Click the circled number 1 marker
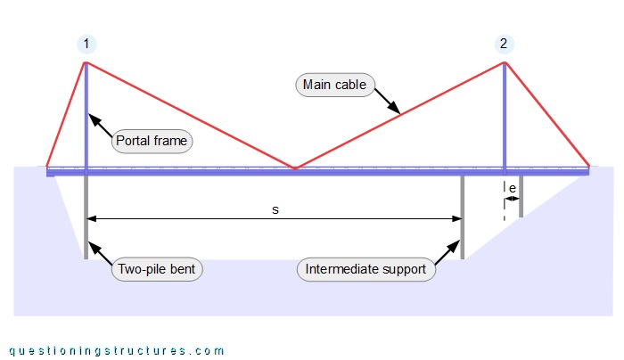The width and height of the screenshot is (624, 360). coord(86,44)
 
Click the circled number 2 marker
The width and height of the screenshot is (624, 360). coord(505,44)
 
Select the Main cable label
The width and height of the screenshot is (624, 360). coord(334,86)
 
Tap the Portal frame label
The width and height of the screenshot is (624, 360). coord(152,142)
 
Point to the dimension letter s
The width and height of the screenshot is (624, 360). coord(275,209)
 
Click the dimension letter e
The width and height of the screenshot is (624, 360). coord(513,188)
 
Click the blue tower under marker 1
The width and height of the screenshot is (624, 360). coord(86,116)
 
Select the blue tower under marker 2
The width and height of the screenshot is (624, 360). coord(505,116)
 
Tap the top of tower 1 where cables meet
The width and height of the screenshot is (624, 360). coord(86,61)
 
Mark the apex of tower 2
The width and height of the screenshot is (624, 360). coord(505,61)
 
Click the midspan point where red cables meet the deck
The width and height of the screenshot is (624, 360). coord(295,167)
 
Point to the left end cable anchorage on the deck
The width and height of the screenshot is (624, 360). coord(48,167)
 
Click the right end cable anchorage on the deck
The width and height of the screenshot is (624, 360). coord(587,167)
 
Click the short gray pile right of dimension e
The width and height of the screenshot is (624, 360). coord(521,196)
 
